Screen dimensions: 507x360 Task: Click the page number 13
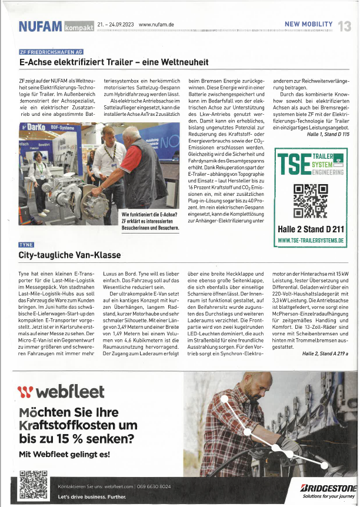[345, 26]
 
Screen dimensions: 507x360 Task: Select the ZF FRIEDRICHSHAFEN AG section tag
[51, 52]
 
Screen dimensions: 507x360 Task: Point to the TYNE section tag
[26, 245]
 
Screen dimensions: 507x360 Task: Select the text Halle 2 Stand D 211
[310, 229]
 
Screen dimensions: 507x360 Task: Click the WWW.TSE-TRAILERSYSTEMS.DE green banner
[311, 241]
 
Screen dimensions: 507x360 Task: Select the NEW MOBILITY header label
[308, 24]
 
